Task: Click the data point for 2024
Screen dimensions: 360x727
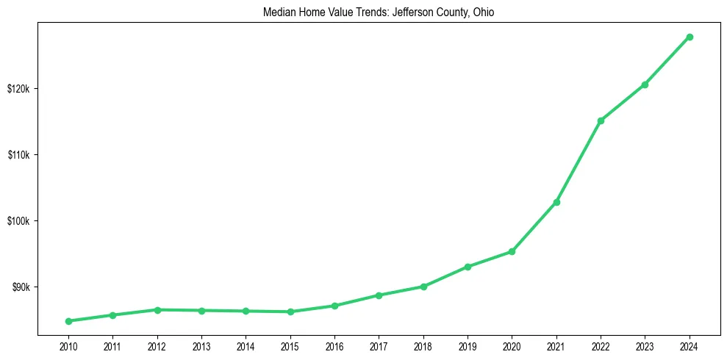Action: pos(690,37)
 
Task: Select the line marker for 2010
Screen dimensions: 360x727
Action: pos(68,321)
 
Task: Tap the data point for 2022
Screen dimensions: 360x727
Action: pos(601,120)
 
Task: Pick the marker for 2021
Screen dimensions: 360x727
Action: pos(556,202)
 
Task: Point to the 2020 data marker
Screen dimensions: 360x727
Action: pos(512,251)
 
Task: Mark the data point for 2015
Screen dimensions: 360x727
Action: pos(290,312)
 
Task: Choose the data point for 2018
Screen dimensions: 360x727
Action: pos(423,287)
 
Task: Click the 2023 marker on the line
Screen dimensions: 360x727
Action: pos(645,84)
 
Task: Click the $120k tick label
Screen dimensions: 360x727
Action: pos(18,89)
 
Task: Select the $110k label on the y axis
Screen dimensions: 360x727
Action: pos(18,155)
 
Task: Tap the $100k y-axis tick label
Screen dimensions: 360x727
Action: pos(18,221)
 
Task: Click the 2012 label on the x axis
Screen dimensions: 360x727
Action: pos(157,345)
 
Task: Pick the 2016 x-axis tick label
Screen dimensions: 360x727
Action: pos(334,345)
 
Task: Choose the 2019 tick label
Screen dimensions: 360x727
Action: pos(468,345)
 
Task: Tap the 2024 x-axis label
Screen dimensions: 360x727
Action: pos(690,345)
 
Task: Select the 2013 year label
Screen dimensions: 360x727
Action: pos(201,345)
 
